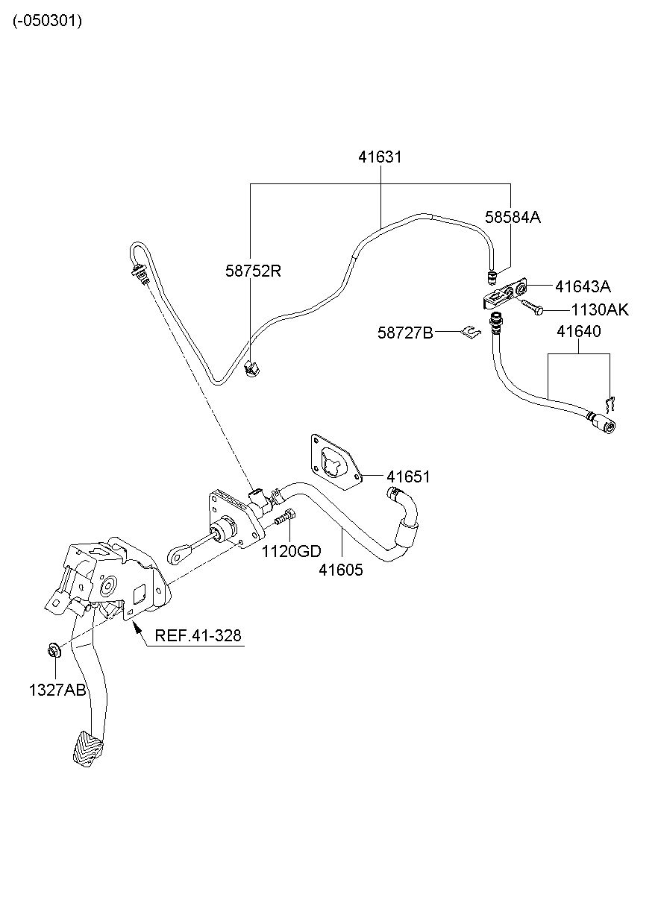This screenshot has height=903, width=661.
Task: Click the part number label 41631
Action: pyautogui.click(x=380, y=157)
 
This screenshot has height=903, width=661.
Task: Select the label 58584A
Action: pyautogui.click(x=513, y=217)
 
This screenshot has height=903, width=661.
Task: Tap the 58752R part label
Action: pyautogui.click(x=253, y=271)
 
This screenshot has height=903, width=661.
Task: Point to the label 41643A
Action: pyautogui.click(x=583, y=286)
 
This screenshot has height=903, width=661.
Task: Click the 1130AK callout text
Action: pyautogui.click(x=600, y=309)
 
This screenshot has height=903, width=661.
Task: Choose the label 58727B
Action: pyautogui.click(x=405, y=333)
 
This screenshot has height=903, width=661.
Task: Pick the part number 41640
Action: pyautogui.click(x=579, y=331)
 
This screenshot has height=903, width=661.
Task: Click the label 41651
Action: pyautogui.click(x=408, y=477)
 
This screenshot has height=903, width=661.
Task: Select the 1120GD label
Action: pyautogui.click(x=292, y=551)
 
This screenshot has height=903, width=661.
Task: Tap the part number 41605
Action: pyautogui.click(x=341, y=570)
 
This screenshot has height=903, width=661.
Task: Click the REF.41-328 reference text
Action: pyautogui.click(x=198, y=636)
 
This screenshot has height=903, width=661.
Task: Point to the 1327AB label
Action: pyautogui.click(x=57, y=690)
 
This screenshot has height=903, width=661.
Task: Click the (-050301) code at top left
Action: pyautogui.click(x=47, y=21)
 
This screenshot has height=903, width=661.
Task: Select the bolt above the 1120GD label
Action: pyautogui.click(x=285, y=517)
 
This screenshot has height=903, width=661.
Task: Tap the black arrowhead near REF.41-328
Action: pyautogui.click(x=137, y=627)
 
